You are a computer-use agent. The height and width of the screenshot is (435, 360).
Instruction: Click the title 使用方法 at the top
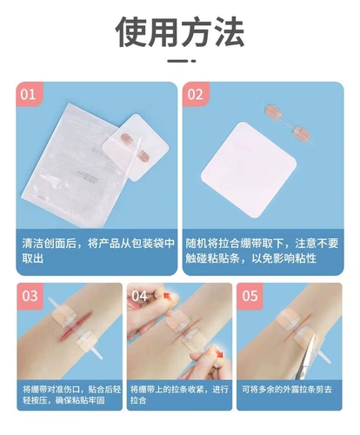[180, 31]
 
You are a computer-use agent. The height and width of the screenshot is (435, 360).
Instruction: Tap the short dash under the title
[180, 62]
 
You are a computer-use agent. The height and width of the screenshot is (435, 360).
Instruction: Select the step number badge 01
[30, 95]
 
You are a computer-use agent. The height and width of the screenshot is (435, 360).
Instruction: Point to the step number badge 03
[30, 296]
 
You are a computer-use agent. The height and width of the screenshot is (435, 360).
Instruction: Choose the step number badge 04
[140, 296]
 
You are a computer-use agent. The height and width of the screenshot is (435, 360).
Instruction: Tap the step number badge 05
[250, 296]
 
